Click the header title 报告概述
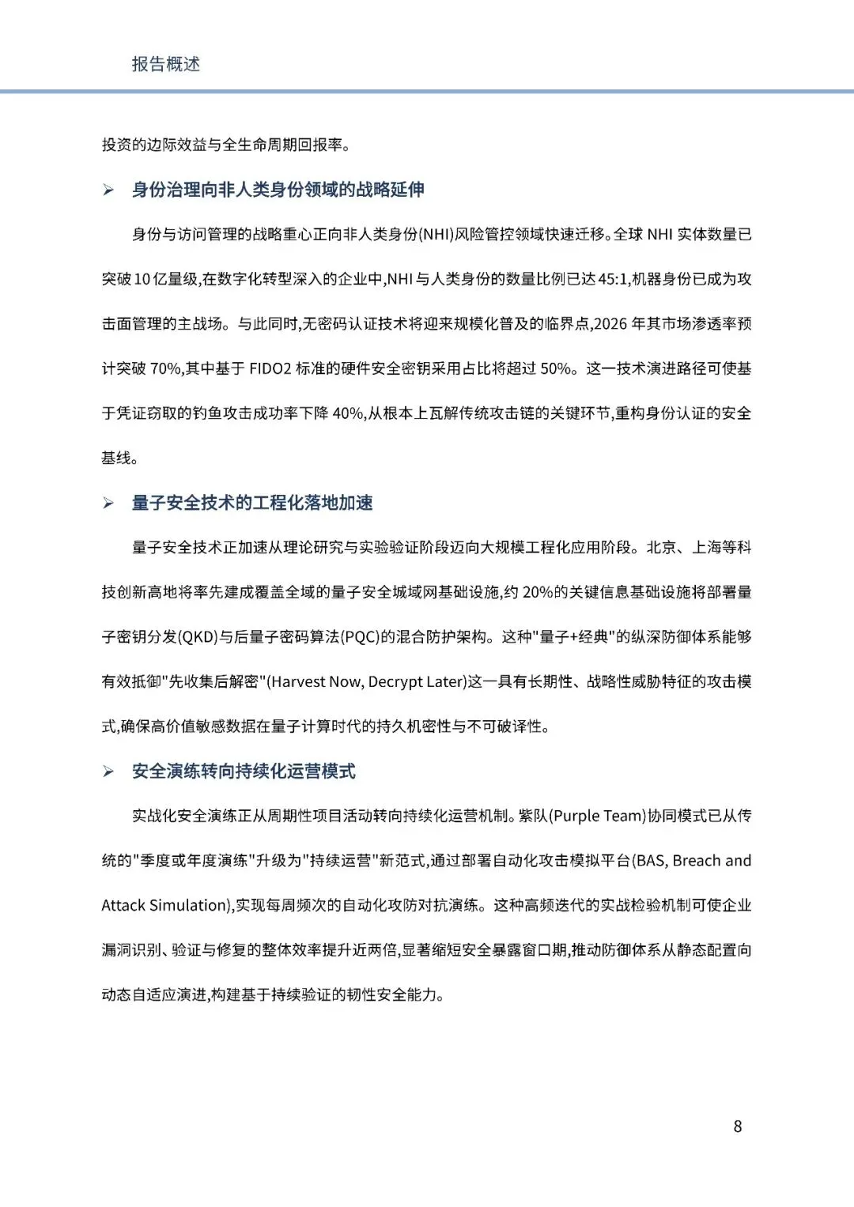pos(165,64)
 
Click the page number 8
pos(738,1126)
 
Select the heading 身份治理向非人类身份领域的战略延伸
pos(278,190)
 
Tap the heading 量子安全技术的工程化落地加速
pos(252,503)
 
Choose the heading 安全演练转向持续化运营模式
pos(244,771)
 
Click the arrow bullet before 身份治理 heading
pos(108,190)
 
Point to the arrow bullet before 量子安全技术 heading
pos(108,504)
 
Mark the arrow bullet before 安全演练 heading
pos(108,772)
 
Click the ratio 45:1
pos(614,279)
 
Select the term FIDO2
pos(270,368)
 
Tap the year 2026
pos(610,324)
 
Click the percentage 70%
pos(166,368)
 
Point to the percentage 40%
pos(348,413)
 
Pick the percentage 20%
pos(538,592)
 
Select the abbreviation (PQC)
pos(361,637)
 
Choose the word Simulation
pos(187,906)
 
